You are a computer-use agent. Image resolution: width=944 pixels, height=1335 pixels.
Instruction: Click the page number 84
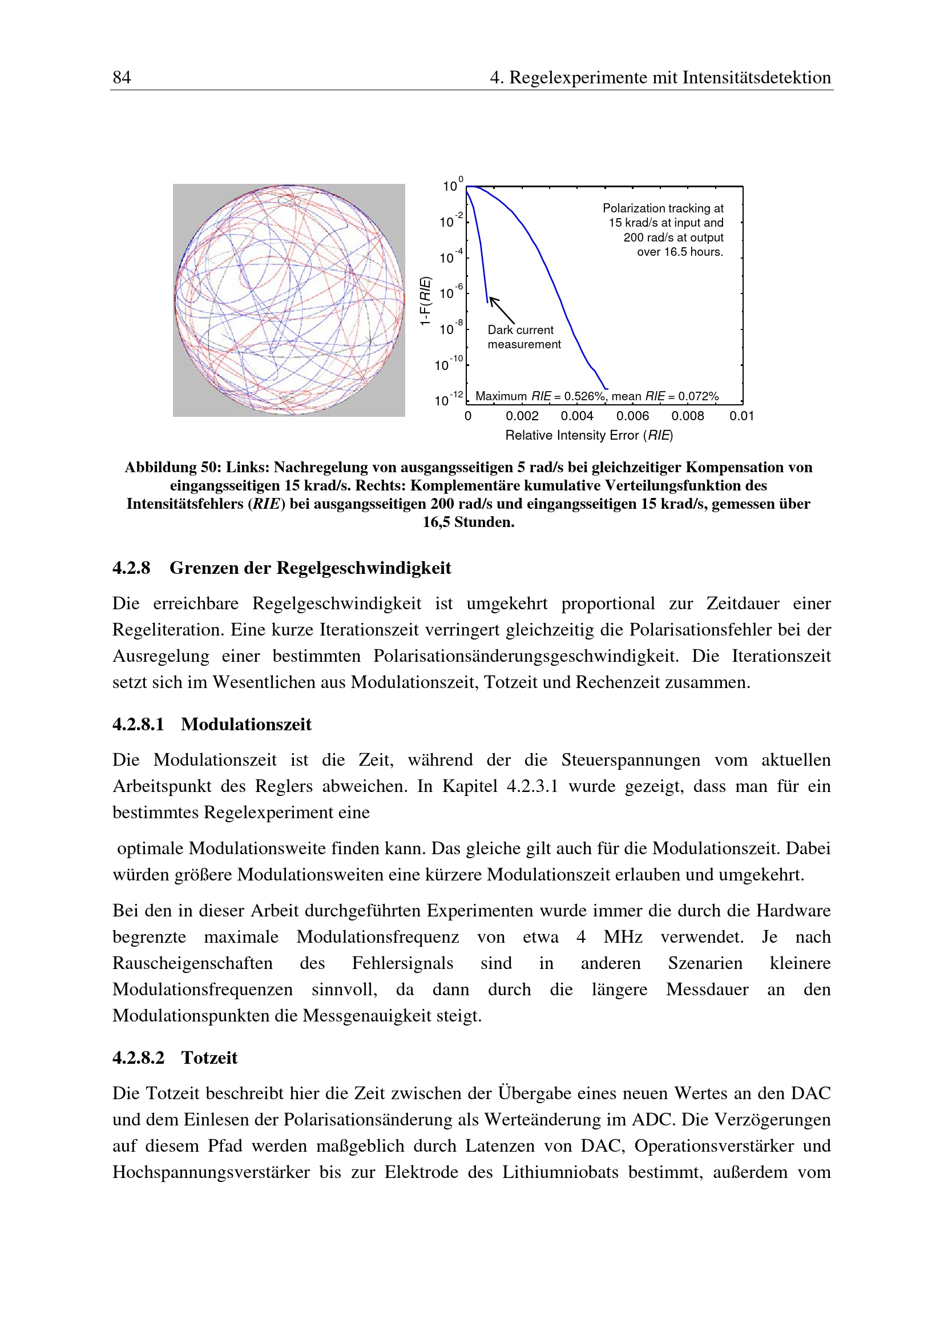click(x=122, y=77)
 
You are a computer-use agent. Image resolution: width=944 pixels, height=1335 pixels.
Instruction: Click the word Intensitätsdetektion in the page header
click(x=757, y=77)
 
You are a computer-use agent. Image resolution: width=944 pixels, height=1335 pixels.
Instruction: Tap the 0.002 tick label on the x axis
click(x=522, y=416)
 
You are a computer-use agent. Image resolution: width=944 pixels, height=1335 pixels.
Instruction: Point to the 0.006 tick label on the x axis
click(x=632, y=416)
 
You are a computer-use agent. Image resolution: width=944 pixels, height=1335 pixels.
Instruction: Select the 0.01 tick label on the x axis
click(x=742, y=416)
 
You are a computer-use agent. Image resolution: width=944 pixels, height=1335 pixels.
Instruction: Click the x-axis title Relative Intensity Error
click(x=572, y=436)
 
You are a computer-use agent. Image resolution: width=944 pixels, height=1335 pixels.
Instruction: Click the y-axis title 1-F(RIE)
click(x=426, y=300)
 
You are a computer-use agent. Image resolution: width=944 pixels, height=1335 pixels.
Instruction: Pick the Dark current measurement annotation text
click(x=524, y=337)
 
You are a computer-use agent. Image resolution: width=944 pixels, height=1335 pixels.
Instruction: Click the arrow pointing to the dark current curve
click(x=502, y=310)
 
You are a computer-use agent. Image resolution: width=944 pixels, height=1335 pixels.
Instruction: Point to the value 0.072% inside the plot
click(x=698, y=396)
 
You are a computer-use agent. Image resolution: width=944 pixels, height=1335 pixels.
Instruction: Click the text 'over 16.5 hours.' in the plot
click(x=680, y=252)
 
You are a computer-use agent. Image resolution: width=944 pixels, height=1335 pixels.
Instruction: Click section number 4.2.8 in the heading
click(x=131, y=568)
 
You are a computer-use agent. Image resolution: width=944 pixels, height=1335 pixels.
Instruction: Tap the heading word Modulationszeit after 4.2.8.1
click(x=246, y=725)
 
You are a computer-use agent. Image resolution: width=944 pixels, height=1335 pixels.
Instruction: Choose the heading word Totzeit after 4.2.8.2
click(x=209, y=1057)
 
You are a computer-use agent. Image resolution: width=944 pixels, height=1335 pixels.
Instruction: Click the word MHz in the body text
click(x=623, y=936)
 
